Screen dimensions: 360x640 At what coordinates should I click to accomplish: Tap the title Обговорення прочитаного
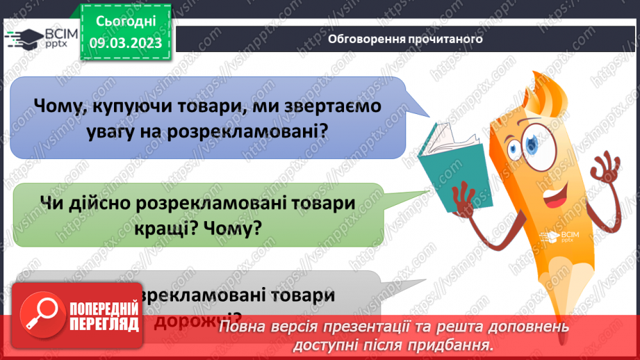[x=405, y=39]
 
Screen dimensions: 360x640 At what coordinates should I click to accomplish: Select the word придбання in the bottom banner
[x=458, y=344]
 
